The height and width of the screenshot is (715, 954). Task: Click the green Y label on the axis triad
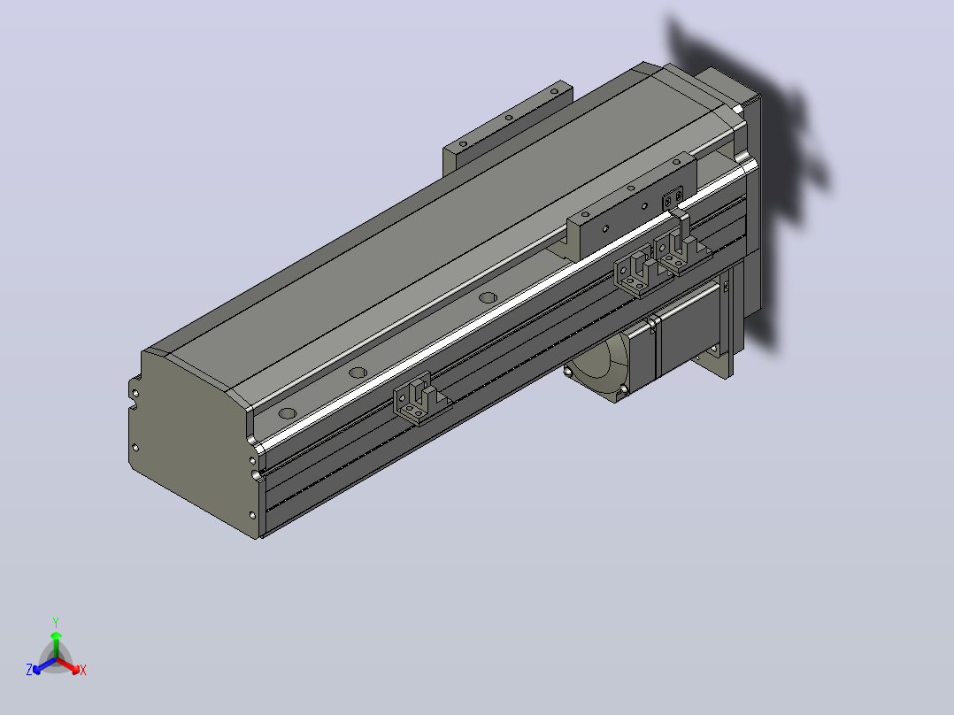point(56,622)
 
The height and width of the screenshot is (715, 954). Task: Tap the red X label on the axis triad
point(83,670)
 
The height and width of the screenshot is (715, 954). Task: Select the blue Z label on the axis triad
point(29,670)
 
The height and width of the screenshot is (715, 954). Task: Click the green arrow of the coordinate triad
point(56,644)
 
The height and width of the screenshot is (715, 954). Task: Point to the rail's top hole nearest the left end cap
point(287,414)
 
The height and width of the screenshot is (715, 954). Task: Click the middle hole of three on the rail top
point(358,373)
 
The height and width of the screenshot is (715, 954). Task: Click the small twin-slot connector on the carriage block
point(673,198)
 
